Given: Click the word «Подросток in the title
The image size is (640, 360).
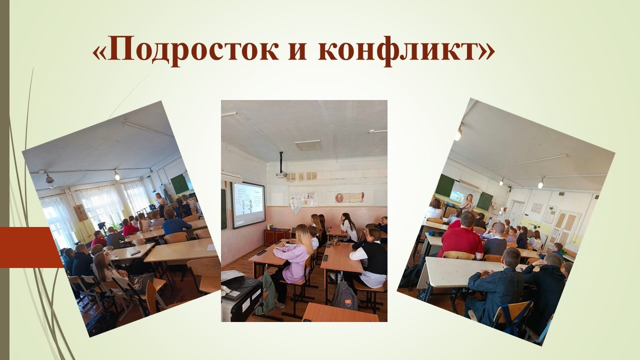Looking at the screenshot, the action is coord(185,51).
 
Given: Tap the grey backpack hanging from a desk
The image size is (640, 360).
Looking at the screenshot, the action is coord(344,295).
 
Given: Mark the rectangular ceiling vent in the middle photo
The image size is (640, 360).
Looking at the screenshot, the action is coord(308,145).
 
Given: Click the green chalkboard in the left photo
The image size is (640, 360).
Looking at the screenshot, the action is coord(179,184).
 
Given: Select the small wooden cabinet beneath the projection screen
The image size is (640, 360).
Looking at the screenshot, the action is coord(277,236).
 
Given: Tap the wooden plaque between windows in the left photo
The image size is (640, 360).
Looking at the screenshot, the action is coord(81,213).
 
